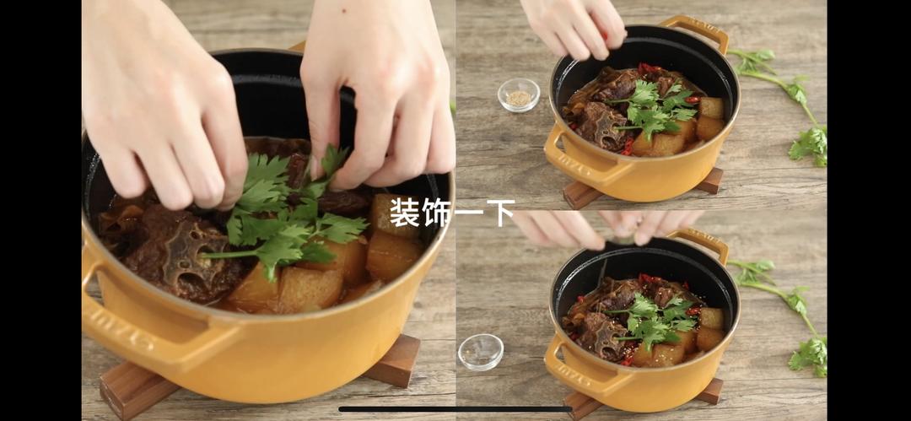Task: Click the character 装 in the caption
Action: coord(404,212)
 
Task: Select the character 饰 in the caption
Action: coord(436,212)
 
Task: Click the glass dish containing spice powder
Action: coord(518,94)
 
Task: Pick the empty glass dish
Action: coord(481,351)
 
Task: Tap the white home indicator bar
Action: coord(455,409)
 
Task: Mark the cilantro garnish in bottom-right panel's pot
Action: coord(655,320)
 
